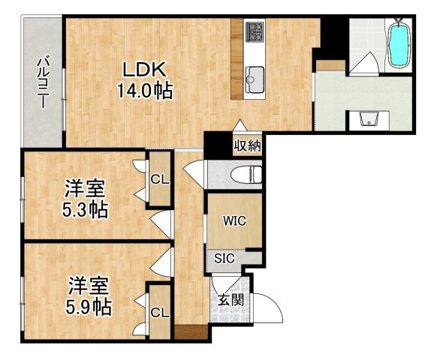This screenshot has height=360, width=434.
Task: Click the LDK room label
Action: click(143, 68)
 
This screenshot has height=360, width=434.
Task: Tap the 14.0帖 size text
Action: click(144, 91)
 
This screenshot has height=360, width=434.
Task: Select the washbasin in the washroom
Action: click(368, 120)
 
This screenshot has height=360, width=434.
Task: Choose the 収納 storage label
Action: click(247, 145)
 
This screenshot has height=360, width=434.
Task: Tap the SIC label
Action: click(225, 258)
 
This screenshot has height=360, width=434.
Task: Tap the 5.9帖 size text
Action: click(89, 307)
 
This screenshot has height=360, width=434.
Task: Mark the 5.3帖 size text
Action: click(83, 209)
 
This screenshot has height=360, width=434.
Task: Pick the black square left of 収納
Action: click(217, 143)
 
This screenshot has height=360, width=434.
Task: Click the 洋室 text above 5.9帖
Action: click(89, 286)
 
